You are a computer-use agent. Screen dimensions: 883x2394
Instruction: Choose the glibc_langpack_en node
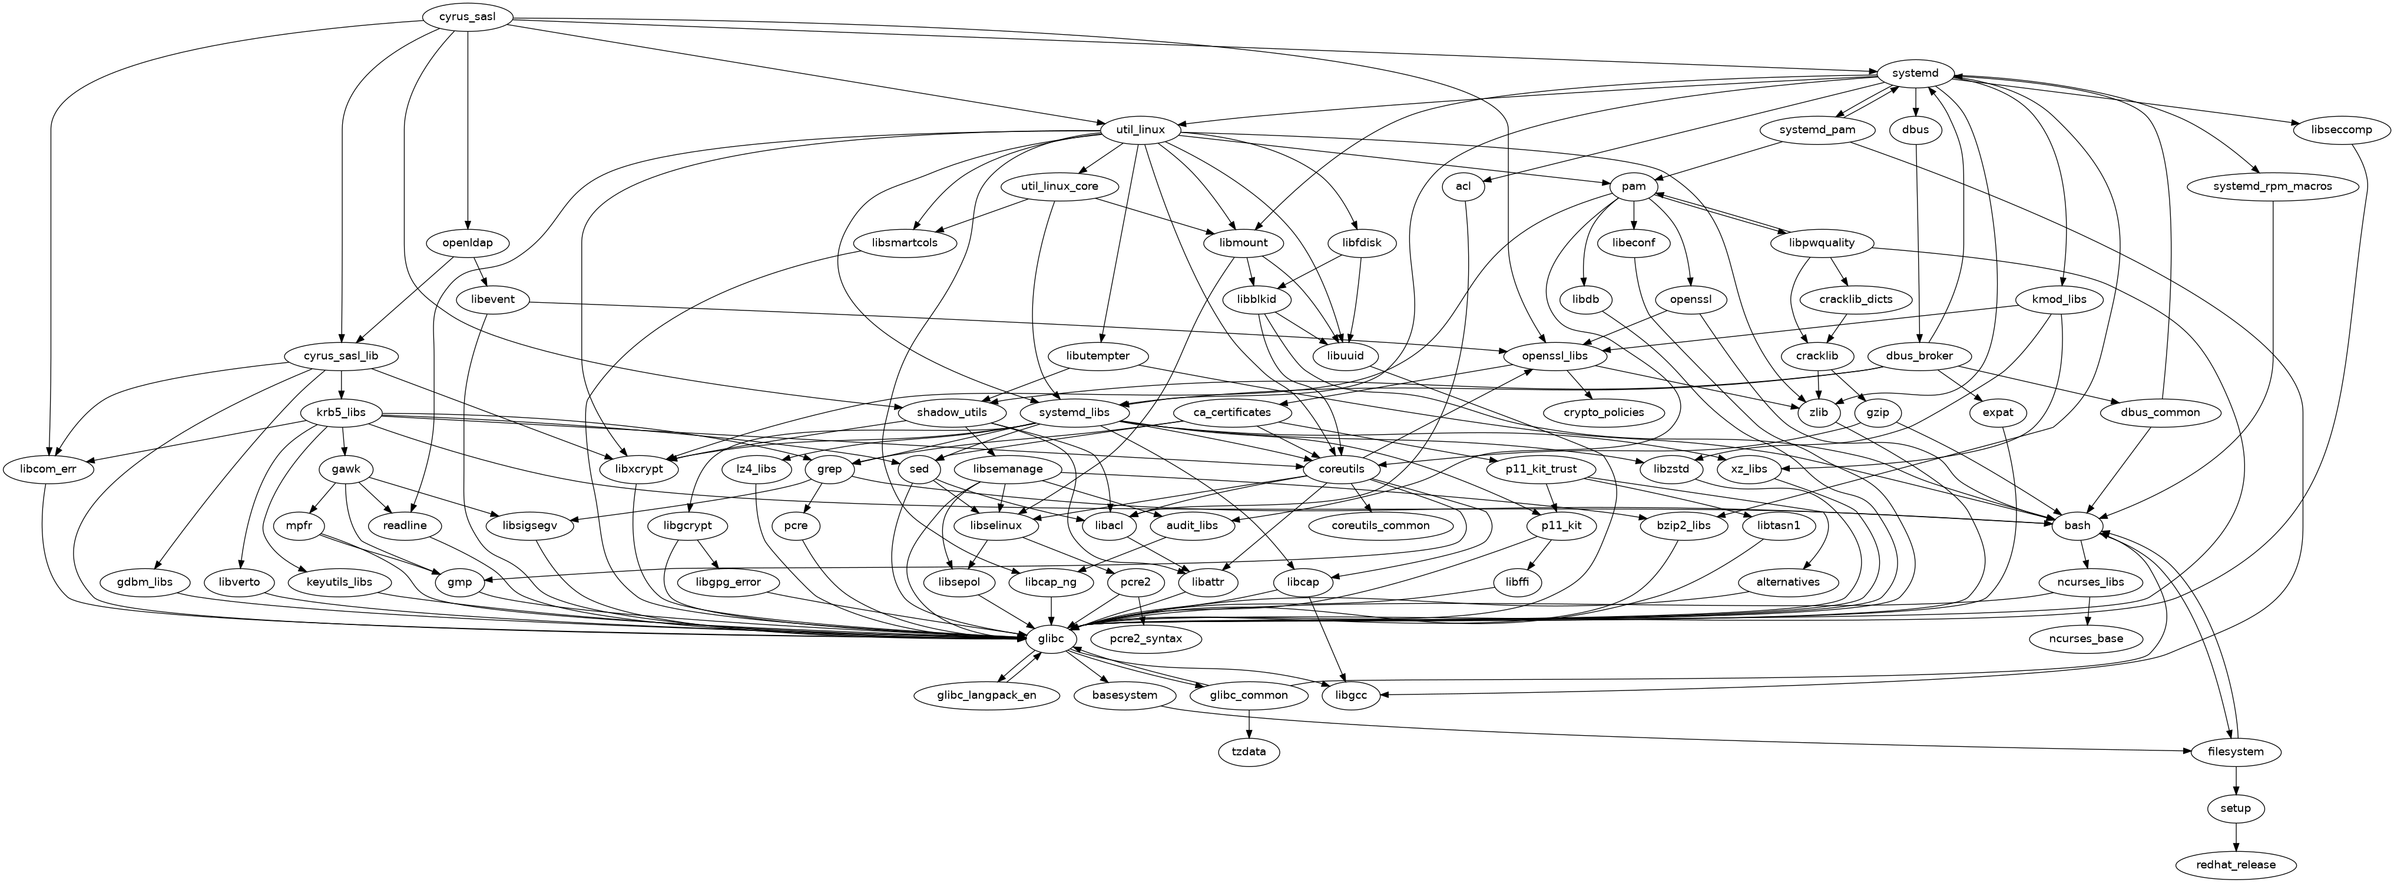(988, 695)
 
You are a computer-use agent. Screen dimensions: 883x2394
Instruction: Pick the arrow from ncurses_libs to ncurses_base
(2087, 611)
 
